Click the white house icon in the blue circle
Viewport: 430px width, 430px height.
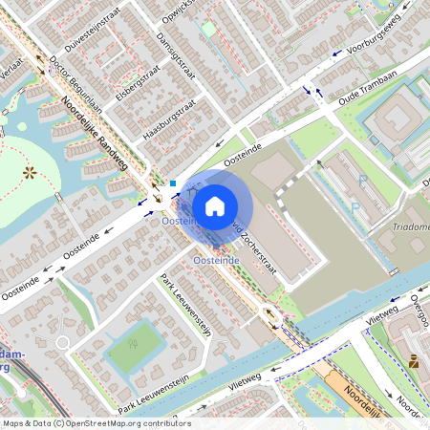click(x=215, y=204)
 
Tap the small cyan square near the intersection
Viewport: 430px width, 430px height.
click(x=173, y=183)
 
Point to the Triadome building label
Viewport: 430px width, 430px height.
click(x=411, y=227)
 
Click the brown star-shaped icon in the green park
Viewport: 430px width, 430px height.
click(x=30, y=173)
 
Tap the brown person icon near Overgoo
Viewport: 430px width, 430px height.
click(x=413, y=361)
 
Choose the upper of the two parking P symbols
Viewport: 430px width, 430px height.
click(x=361, y=180)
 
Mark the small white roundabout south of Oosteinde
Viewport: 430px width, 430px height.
click(x=62, y=342)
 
